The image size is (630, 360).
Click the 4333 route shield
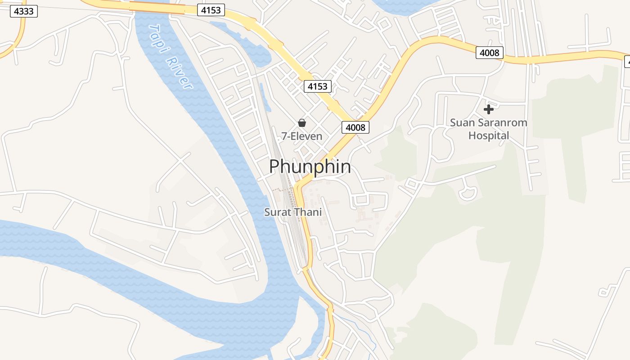[24, 11]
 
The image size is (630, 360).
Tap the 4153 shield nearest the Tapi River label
[211, 9]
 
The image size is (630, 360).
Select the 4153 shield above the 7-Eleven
[318, 86]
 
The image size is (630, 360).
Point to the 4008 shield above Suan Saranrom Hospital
[490, 53]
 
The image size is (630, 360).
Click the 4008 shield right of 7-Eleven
[355, 127]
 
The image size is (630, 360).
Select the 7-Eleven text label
[302, 136]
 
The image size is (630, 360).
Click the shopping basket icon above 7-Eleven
[302, 123]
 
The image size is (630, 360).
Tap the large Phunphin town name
[310, 166]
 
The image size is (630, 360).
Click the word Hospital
[489, 135]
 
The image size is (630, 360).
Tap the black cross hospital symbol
[488, 109]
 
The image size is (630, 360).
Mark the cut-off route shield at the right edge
[626, 62]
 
